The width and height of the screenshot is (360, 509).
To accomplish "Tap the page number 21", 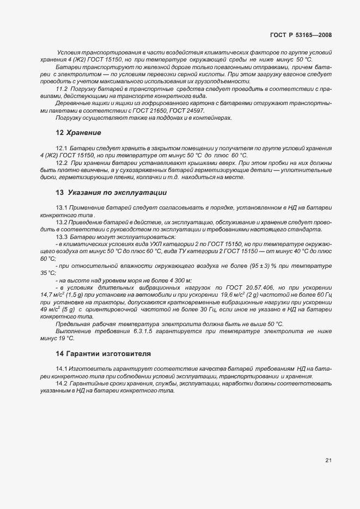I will [328, 460].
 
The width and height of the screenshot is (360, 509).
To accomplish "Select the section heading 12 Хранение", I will [78, 132].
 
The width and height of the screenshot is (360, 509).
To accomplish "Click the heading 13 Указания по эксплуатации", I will [111, 193].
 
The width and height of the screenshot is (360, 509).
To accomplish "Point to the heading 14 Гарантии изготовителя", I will [103, 353].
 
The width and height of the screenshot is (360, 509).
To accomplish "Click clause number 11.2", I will [62, 88].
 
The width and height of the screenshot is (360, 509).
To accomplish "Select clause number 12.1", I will [62, 148].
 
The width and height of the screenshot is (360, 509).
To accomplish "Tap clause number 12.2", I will [62, 162].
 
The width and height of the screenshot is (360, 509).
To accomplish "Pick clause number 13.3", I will [62, 237].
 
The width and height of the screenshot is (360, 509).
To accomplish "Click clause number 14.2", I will [62, 384].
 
